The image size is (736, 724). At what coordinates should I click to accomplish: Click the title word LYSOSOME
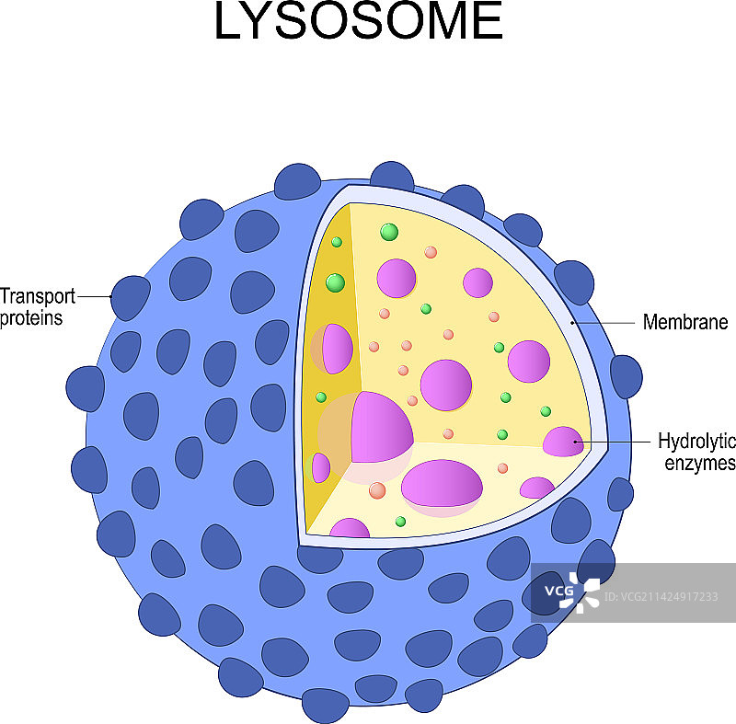click(x=359, y=22)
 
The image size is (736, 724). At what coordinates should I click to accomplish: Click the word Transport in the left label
click(x=37, y=296)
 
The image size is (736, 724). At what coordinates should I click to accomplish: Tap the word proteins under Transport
click(x=31, y=318)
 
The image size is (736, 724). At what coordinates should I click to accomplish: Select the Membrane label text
click(x=685, y=323)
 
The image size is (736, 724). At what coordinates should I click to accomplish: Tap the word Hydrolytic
click(x=696, y=441)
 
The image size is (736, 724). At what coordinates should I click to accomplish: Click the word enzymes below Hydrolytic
click(x=700, y=463)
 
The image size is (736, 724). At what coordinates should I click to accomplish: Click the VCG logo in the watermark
click(x=571, y=589)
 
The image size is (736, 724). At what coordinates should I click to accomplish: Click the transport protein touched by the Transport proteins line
click(x=130, y=297)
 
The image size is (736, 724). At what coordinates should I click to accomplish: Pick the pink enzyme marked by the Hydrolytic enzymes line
click(x=563, y=442)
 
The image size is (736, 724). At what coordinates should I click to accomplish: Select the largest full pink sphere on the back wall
click(x=446, y=385)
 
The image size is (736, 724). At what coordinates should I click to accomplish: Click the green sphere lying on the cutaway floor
click(x=400, y=522)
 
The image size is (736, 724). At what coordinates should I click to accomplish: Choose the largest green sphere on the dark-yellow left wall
click(x=335, y=282)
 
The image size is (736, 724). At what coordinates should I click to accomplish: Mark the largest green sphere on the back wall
click(x=389, y=232)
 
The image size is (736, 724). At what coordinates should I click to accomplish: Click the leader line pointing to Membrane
click(x=607, y=323)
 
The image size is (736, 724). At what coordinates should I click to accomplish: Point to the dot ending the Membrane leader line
click(x=573, y=323)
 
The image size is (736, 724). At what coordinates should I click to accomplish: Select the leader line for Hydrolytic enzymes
click(x=616, y=442)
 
